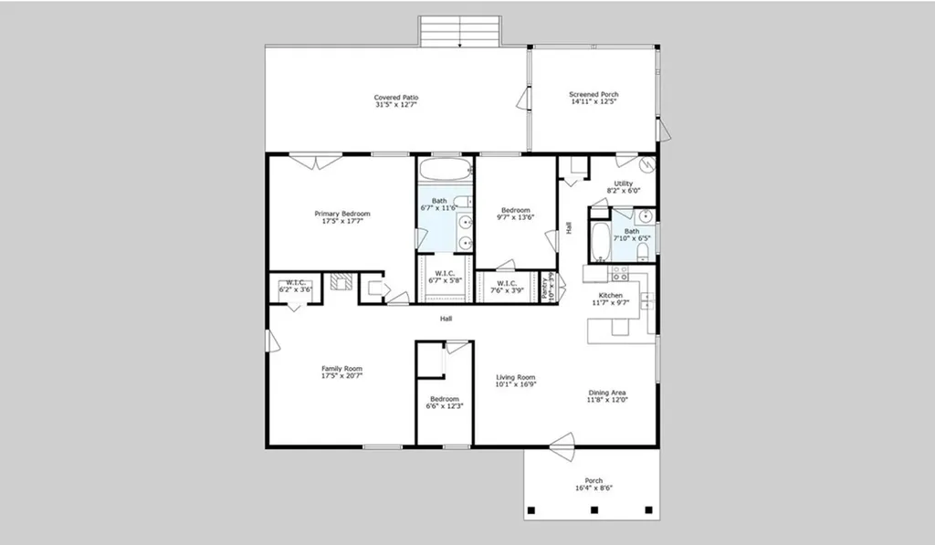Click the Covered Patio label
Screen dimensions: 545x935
[x=396, y=98]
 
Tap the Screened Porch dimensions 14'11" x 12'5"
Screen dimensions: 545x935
[x=594, y=102]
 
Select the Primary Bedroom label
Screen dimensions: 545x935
[x=342, y=214]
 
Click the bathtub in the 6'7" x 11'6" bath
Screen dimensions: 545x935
[x=445, y=170]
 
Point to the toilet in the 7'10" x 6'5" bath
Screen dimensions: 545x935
[x=643, y=249]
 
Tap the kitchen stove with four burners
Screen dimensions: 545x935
[x=619, y=272]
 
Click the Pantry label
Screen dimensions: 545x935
[x=548, y=288]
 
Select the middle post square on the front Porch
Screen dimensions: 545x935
[x=594, y=509]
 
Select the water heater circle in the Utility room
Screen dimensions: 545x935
[x=647, y=165]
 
